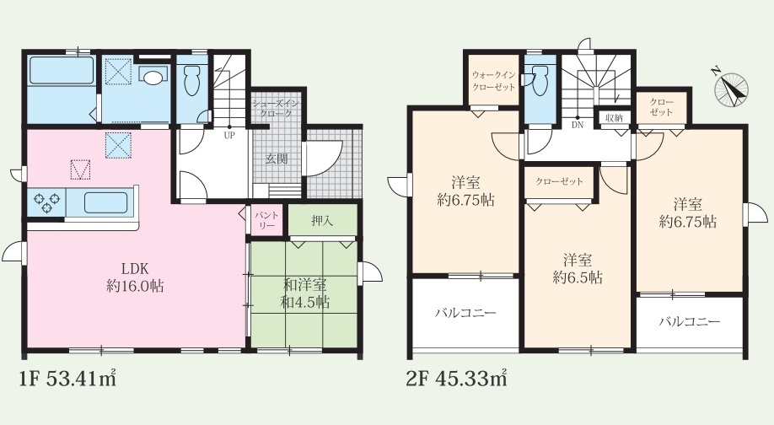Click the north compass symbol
pyautogui.click(x=730, y=89)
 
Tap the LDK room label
pyautogui.click(x=135, y=269)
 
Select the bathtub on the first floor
pyautogui.click(x=62, y=71)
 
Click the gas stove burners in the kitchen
pyautogui.click(x=46, y=202)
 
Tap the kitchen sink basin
pyautogui.click(x=106, y=202)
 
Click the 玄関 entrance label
pyautogui.click(x=277, y=159)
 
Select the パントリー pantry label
pyautogui.click(x=267, y=220)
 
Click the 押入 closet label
pyautogui.click(x=322, y=221)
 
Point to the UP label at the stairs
pyautogui.click(x=229, y=135)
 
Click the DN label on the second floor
pyautogui.click(x=577, y=125)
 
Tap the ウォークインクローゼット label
pyautogui.click(x=493, y=81)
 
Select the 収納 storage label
pyautogui.click(x=614, y=118)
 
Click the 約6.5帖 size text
pyautogui.click(x=578, y=278)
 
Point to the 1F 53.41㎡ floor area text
pyautogui.click(x=67, y=379)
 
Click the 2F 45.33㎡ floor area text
pyautogui.click(x=456, y=379)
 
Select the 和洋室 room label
pyautogui.click(x=304, y=285)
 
